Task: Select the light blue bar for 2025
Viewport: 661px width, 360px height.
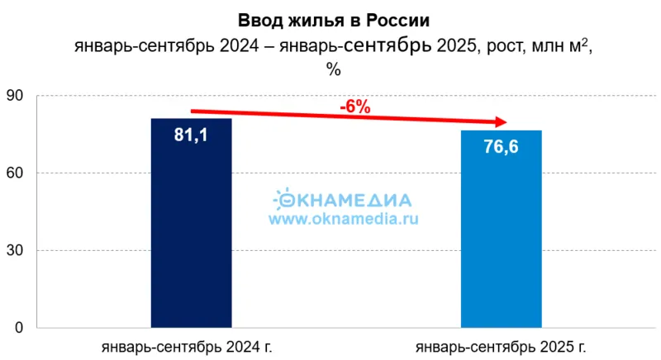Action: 501,248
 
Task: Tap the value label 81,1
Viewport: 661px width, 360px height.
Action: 191,135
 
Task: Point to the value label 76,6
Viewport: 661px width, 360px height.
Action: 501,147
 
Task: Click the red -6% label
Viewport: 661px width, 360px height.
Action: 354,107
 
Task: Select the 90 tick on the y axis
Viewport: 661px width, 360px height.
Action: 15,96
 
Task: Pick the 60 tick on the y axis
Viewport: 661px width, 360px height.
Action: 15,173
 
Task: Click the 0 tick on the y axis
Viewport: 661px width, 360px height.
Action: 19,328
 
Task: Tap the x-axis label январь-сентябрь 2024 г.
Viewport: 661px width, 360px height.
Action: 187,346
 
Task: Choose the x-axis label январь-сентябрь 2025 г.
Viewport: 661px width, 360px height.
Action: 502,346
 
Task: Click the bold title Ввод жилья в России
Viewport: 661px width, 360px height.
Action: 334,19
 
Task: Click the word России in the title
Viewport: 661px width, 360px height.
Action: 401,19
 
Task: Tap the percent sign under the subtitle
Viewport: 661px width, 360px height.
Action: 334,69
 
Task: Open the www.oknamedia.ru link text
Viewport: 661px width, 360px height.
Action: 343,219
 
